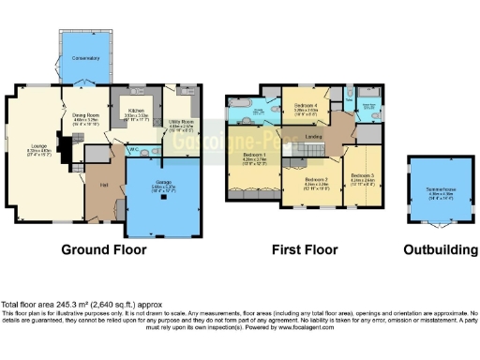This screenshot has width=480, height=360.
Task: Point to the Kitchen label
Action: click(x=137, y=111)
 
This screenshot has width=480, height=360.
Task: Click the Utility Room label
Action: click(x=180, y=122)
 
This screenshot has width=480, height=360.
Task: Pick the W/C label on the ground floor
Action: click(x=134, y=148)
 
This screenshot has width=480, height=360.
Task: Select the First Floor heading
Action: click(x=304, y=250)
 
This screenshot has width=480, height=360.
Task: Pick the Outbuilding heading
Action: click(x=438, y=250)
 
